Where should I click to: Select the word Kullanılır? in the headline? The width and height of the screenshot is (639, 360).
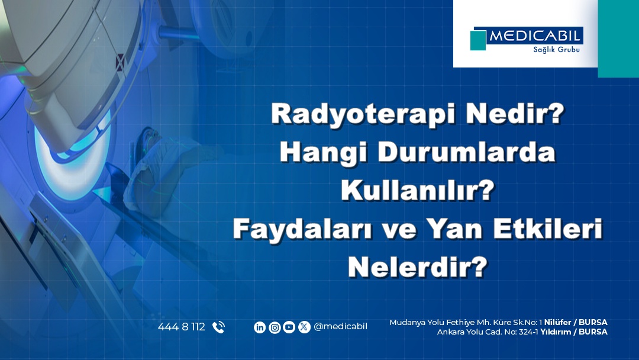pyautogui.click(x=418, y=190)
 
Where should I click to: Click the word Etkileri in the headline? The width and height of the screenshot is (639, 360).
pyautogui.click(x=547, y=229)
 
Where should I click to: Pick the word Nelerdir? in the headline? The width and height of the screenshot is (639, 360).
pyautogui.click(x=418, y=267)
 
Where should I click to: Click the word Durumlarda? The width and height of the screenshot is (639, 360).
pyautogui.click(x=467, y=152)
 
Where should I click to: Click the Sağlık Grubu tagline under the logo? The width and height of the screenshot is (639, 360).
pyautogui.click(x=556, y=50)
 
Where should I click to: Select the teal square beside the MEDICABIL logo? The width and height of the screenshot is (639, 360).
pyautogui.click(x=478, y=40)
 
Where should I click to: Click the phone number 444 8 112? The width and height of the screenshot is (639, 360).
pyautogui.click(x=182, y=327)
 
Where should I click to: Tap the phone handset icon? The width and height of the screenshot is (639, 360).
pyautogui.click(x=218, y=327)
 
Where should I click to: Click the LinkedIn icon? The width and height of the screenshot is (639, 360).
pyautogui.click(x=260, y=327)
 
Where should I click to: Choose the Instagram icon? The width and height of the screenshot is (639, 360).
pyautogui.click(x=275, y=327)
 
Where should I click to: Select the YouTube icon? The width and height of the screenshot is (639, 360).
pyautogui.click(x=289, y=327)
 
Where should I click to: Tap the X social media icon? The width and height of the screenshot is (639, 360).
pyautogui.click(x=304, y=327)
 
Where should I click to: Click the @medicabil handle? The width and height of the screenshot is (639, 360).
pyautogui.click(x=340, y=327)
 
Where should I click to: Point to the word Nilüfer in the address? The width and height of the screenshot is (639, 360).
pyautogui.click(x=557, y=323)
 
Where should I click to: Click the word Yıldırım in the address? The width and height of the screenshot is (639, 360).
pyautogui.click(x=555, y=332)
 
